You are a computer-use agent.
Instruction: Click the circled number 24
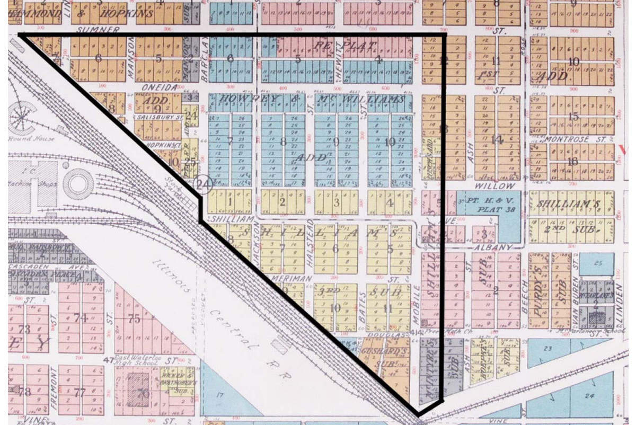203,183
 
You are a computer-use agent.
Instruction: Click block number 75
135,318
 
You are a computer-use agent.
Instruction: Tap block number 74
81,317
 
